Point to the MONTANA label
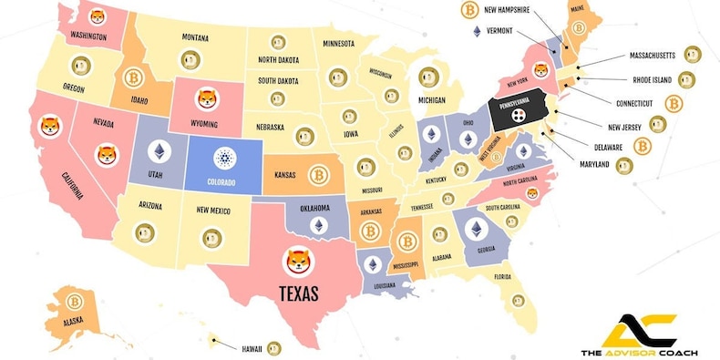point(201,37)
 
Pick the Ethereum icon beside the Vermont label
point(476,31)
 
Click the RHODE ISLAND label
point(652,80)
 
